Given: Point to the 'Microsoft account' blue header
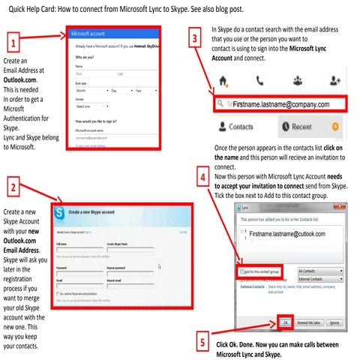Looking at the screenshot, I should click(113, 34).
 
